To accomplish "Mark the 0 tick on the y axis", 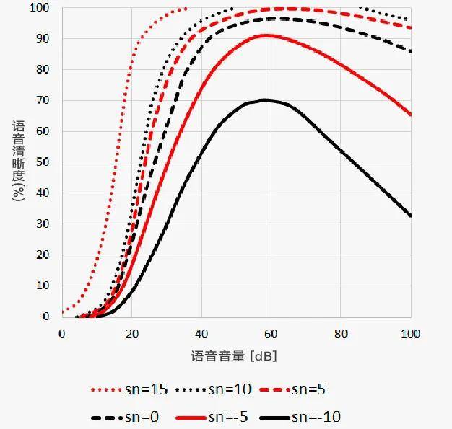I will [46, 317].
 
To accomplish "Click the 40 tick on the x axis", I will [201, 335].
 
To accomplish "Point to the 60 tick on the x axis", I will [271, 335].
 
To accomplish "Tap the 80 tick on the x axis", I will [342, 335].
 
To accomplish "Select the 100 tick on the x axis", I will [411, 335].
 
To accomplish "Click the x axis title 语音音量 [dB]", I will [235, 357].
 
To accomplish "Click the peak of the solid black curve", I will [266, 100].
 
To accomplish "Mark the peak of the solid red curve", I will [268, 35].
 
